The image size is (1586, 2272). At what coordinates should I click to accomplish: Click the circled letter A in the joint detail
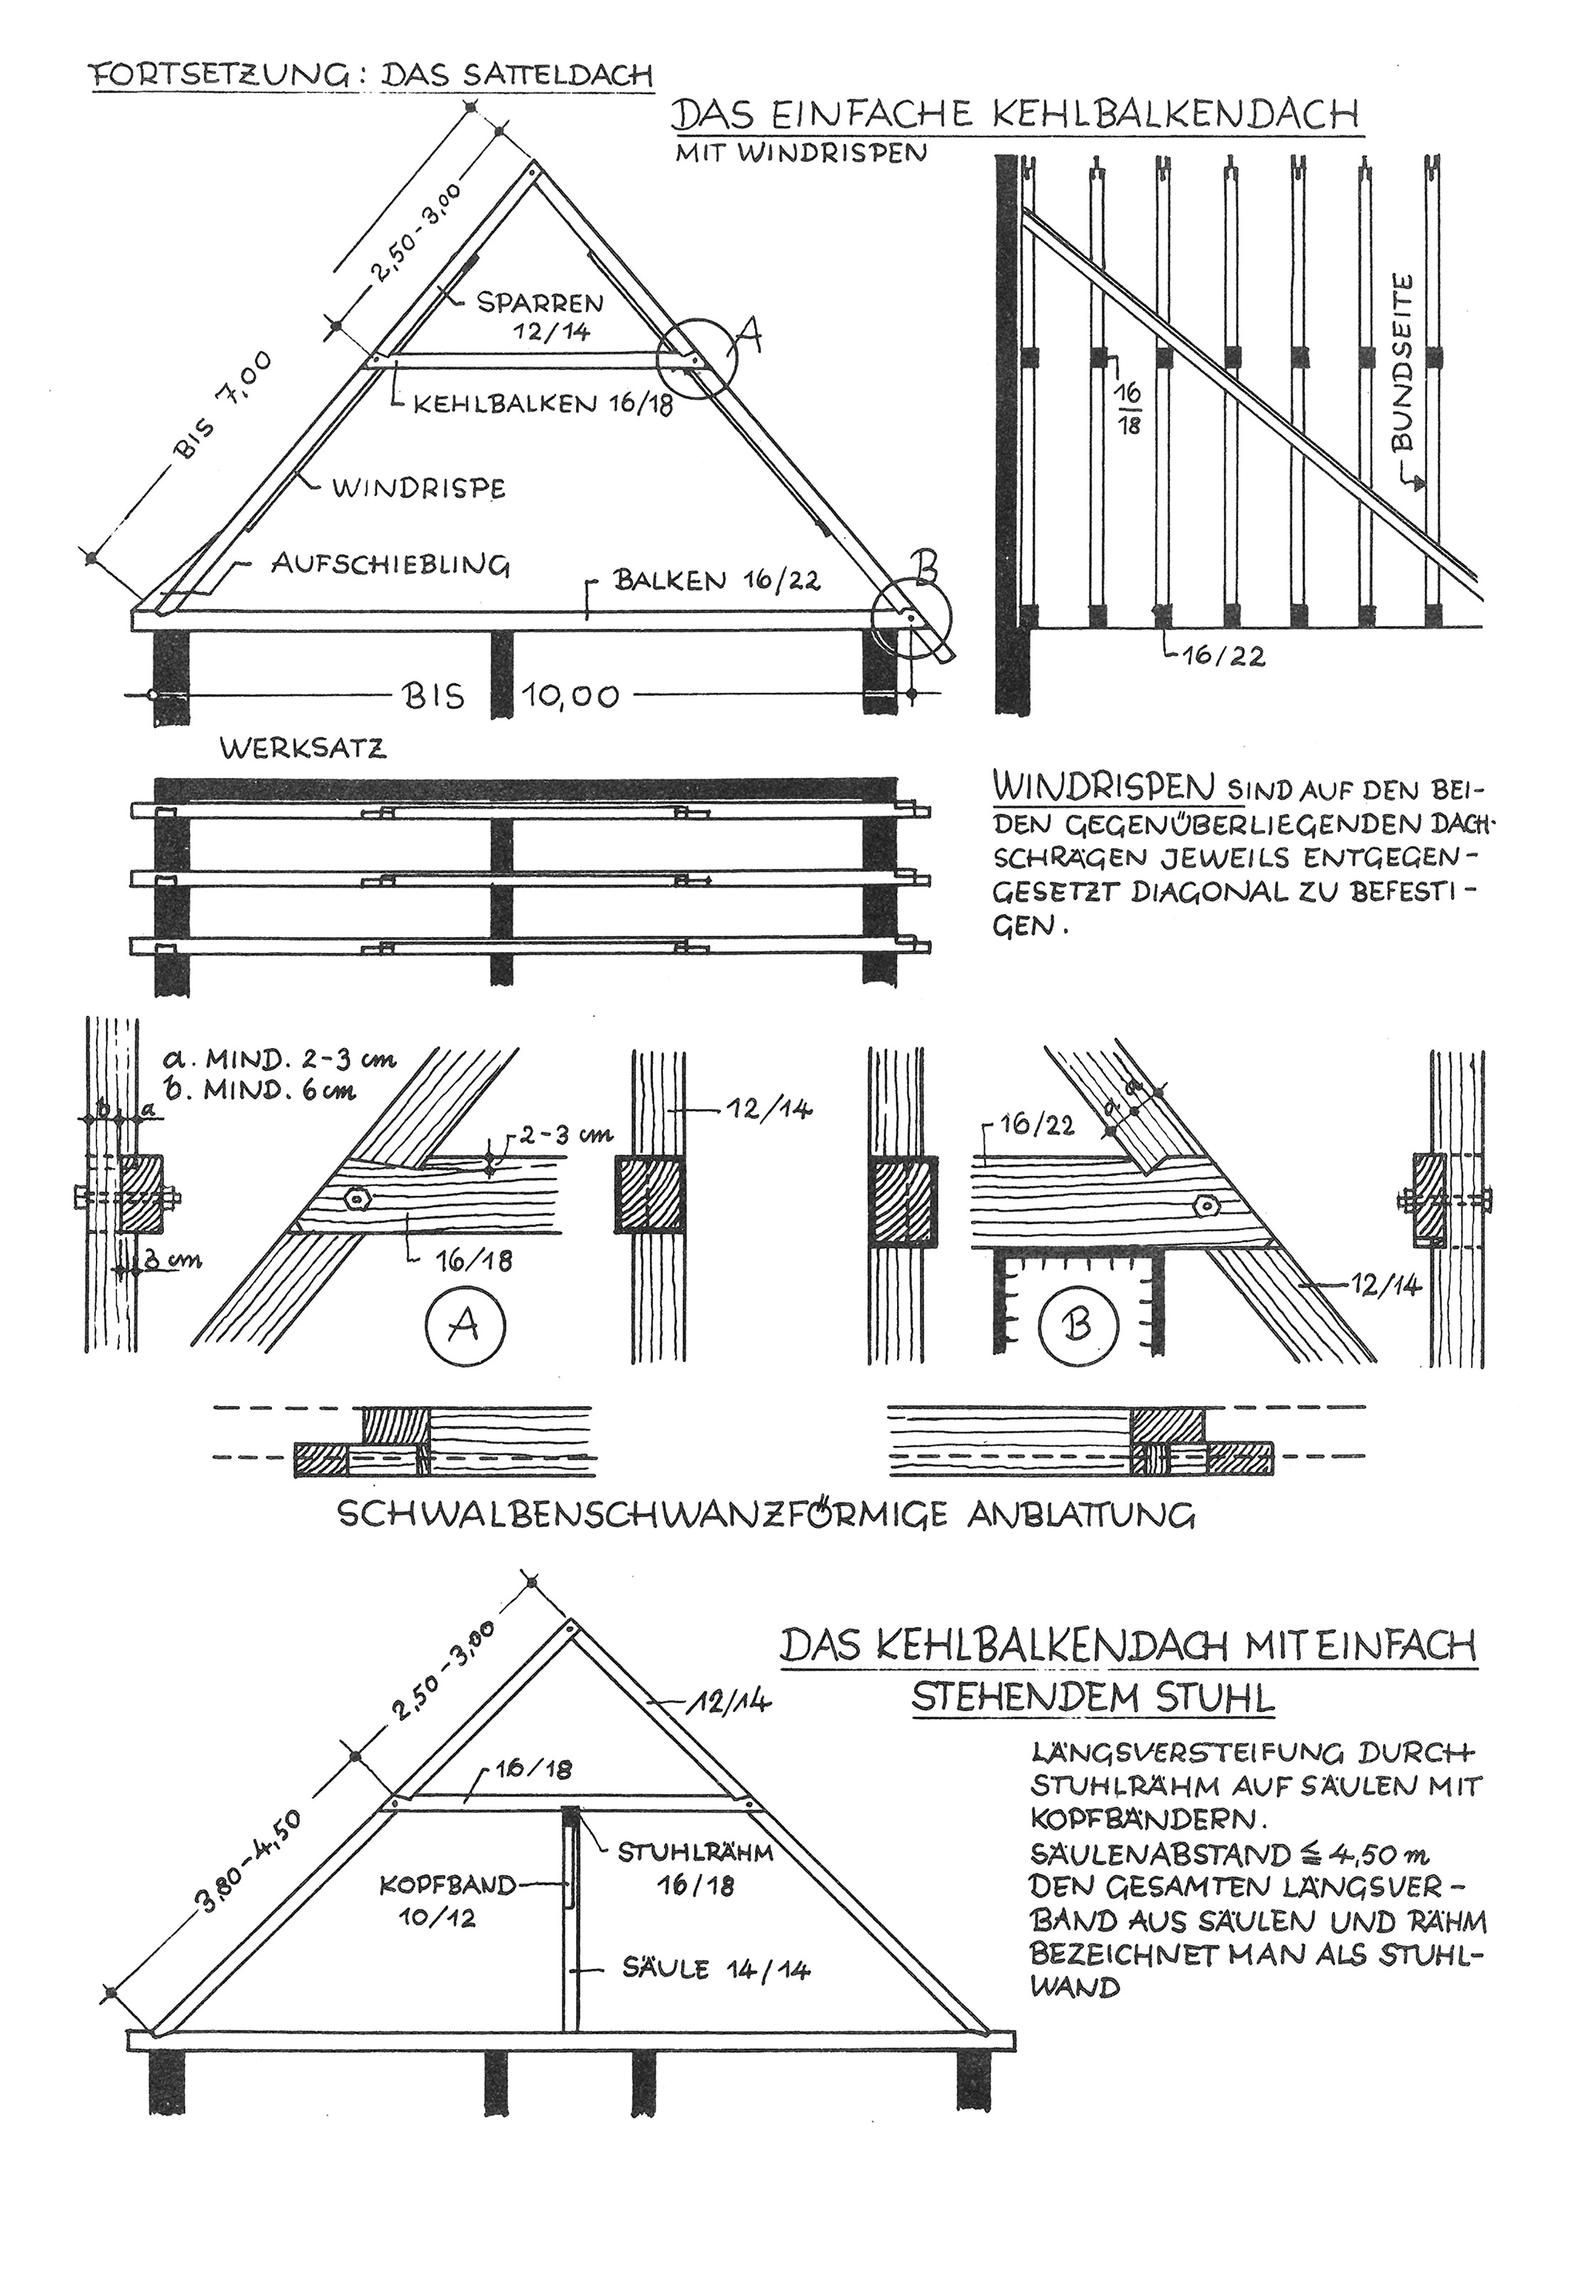tap(465, 1323)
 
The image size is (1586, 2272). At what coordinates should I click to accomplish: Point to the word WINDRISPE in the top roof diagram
tap(418, 488)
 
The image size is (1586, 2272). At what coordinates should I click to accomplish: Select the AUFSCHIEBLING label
tap(391, 565)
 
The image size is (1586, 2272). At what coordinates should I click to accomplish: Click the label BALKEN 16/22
tap(717, 580)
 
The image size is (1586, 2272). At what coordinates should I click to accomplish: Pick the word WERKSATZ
tap(303, 748)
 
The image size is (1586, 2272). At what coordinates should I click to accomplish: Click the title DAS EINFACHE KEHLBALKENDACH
tap(1014, 116)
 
